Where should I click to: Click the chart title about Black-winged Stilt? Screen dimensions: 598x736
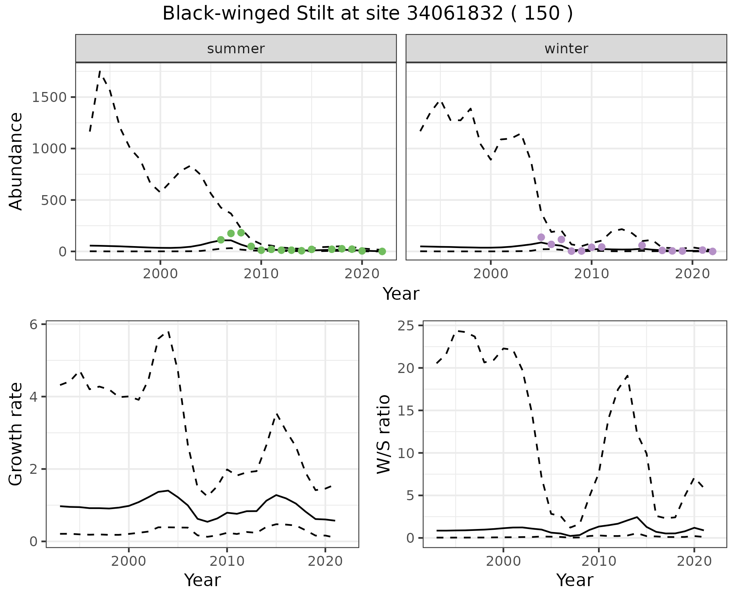(368, 14)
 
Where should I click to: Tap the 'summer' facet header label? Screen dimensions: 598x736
(236, 49)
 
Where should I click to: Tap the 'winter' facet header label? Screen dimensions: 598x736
(566, 49)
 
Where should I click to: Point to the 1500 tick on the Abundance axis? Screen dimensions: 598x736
(50, 97)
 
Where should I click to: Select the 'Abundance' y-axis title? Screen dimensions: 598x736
(16, 161)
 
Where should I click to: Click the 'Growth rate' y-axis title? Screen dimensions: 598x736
(16, 434)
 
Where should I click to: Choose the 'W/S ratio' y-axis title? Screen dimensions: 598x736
(383, 434)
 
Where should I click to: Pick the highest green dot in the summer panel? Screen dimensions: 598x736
(241, 233)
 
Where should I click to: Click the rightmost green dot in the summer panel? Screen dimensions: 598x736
(382, 251)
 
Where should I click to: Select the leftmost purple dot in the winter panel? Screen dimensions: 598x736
(541, 237)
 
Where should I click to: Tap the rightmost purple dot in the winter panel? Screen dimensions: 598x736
(713, 251)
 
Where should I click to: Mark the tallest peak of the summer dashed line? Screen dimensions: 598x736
(100, 71)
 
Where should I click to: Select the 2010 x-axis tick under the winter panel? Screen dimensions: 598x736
(591, 274)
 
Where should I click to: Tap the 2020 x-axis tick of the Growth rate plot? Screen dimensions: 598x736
(325, 562)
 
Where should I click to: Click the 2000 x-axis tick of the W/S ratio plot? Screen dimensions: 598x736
(503, 562)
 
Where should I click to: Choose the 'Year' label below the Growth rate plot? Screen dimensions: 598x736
(202, 580)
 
